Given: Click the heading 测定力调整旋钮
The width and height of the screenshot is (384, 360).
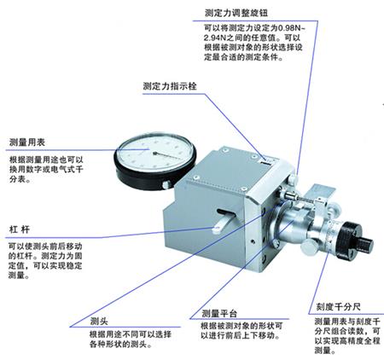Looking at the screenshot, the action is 236,13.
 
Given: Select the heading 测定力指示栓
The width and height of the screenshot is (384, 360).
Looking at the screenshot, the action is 170,86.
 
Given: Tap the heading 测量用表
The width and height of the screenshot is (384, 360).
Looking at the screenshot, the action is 27,142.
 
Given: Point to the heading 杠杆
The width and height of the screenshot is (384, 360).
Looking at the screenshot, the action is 20,229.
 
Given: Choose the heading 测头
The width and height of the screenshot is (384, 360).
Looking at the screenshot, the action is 99,322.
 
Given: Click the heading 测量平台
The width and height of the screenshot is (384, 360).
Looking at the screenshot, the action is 219,313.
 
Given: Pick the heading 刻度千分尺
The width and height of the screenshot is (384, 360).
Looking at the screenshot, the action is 339,307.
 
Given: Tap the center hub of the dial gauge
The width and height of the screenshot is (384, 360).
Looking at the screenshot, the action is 155,154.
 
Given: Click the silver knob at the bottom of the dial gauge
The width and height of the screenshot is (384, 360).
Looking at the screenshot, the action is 166,185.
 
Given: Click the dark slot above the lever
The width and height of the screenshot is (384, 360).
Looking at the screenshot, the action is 225,212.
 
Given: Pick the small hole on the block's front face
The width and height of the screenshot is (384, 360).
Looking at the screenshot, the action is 253,241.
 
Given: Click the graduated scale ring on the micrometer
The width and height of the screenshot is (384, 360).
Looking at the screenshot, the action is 331,233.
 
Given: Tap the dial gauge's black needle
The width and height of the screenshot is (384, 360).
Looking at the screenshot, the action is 168,155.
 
